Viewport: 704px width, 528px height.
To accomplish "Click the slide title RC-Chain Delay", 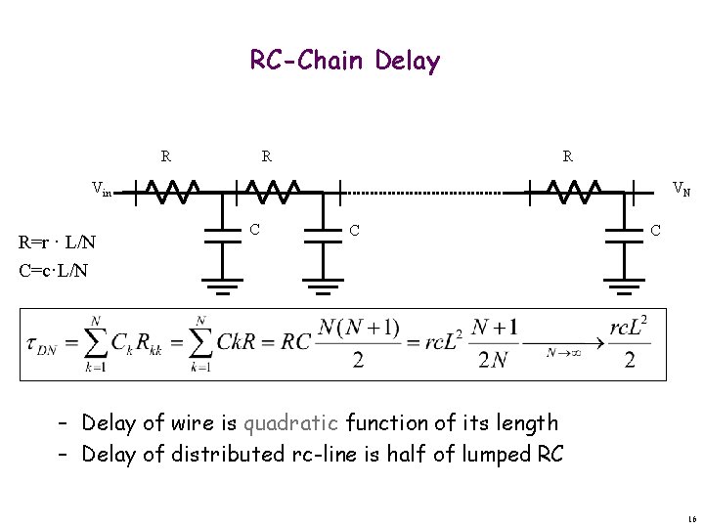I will (345, 62).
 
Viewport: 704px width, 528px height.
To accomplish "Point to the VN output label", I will (681, 189).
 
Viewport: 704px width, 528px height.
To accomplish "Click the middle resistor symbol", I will (271, 190).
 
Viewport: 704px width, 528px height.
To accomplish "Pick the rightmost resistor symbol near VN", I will (572, 190).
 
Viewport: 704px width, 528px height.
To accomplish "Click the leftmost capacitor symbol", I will (223, 235).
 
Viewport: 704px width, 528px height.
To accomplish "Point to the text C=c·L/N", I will (54, 269).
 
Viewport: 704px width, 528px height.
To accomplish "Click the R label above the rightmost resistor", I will (568, 155).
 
